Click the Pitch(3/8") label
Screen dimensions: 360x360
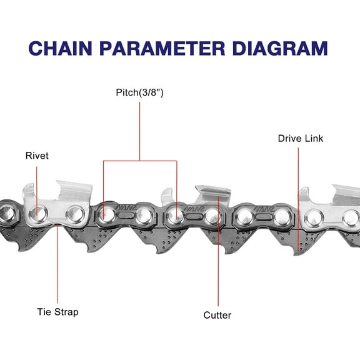[x=140, y=92]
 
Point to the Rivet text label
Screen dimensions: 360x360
[x=37, y=156]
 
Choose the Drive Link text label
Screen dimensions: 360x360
[x=301, y=138]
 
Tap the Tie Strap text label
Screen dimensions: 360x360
[x=57, y=311]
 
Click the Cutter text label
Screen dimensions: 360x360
[x=217, y=315]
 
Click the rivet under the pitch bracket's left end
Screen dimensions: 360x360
[x=104, y=216]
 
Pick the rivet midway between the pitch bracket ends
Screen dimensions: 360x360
[x=143, y=216]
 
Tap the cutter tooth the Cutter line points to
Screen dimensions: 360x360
[x=212, y=194]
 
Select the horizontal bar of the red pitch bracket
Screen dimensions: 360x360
[x=140, y=161]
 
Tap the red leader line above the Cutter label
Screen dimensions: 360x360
[x=217, y=262]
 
